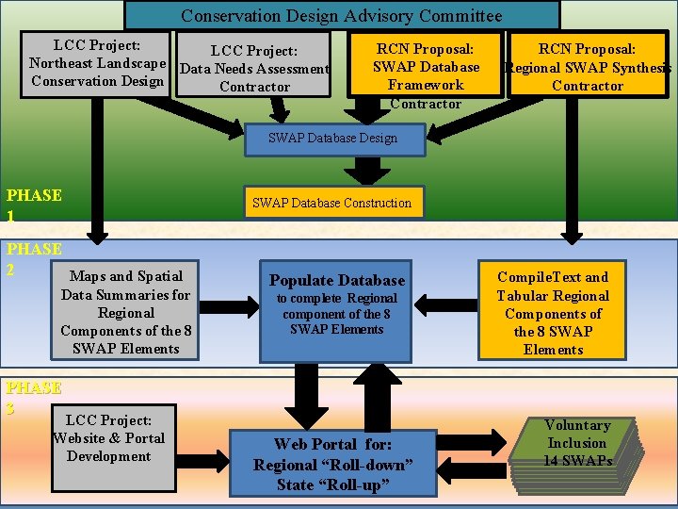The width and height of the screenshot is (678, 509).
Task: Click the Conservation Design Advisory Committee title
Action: [342, 15]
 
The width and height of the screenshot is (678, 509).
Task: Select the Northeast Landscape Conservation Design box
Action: [97, 63]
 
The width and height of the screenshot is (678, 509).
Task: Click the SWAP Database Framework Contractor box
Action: [426, 66]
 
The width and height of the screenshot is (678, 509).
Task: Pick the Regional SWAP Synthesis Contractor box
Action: [588, 67]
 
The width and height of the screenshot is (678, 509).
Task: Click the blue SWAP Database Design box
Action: [332, 138]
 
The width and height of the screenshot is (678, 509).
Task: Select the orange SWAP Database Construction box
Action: [331, 202]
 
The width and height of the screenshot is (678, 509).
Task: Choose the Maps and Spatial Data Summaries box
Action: [126, 312]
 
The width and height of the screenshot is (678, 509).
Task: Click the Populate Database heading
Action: [337, 280]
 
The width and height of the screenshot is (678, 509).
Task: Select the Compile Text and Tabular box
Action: [553, 312]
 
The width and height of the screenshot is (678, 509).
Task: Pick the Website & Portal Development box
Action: [108, 438]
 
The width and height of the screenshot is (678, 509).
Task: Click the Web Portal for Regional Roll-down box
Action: [332, 463]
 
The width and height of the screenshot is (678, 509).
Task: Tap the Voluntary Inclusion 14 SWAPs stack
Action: [576, 443]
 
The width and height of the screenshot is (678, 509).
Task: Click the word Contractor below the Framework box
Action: [426, 104]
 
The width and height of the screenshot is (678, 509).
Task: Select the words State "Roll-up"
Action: [333, 485]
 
